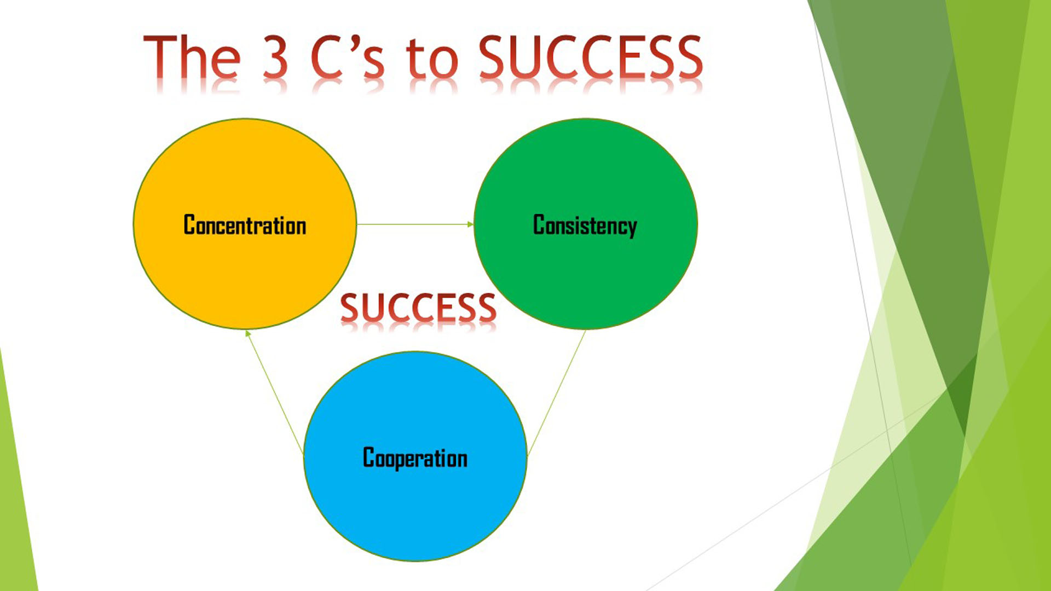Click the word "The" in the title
point(192,56)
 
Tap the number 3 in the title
point(275,56)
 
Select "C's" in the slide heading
point(347,56)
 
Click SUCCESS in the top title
point(590,56)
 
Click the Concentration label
point(245,225)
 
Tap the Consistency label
point(585,225)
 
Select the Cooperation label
point(415,458)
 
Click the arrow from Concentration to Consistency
point(415,224)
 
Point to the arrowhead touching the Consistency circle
point(470,224)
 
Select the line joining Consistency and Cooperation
point(556,392)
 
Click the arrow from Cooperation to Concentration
point(274,392)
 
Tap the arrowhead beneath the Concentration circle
point(248,333)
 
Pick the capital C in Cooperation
point(369,457)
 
